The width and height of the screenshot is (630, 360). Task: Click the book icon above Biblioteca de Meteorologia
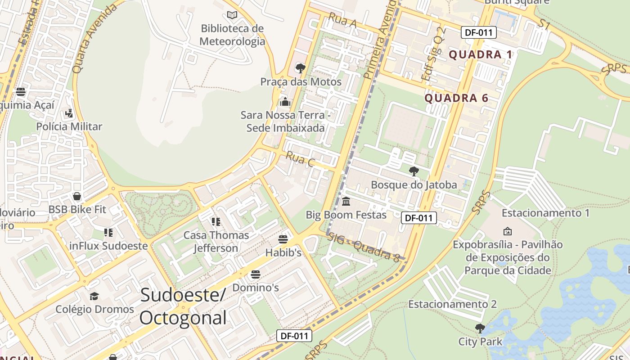pos(232,15)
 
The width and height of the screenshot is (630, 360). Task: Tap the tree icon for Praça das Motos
pos(300,68)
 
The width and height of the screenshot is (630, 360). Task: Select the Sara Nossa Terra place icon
pos(285,102)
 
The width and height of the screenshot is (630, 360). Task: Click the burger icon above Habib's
pos(283,239)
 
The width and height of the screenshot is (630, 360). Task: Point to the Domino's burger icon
pos(256,274)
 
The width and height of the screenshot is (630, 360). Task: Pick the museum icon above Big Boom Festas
pos(346,201)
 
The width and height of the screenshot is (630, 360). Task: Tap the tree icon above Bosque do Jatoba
pos(414,171)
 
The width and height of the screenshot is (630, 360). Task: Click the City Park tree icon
pos(480,328)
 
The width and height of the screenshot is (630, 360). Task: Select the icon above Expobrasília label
pos(508,231)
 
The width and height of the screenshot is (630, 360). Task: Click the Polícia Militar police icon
pos(69,113)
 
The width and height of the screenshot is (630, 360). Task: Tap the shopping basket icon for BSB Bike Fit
pos(77,196)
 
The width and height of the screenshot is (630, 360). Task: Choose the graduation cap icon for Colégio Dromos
pos(94,296)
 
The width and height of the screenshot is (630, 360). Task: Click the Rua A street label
pos(342,20)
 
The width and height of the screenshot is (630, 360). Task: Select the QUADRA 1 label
pos(481,55)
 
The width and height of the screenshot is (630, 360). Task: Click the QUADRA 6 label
pos(456,98)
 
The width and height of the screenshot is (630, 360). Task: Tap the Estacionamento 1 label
pos(545,213)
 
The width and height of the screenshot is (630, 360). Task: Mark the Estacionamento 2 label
pos(452,304)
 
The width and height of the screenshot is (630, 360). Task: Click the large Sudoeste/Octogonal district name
pos(183,306)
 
